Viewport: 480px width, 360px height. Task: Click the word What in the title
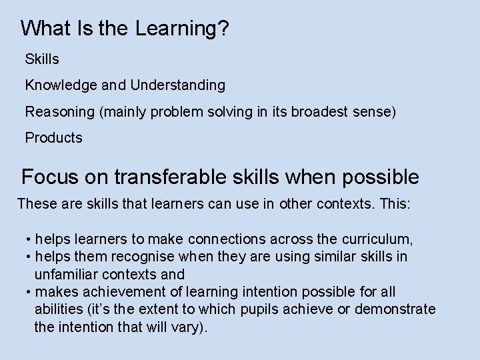pos(43,28)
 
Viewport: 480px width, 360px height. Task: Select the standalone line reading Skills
pos(42,59)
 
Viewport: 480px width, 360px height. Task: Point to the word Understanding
pos(178,86)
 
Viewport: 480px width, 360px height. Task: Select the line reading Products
pos(53,138)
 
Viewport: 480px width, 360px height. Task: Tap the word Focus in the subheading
pos(48,177)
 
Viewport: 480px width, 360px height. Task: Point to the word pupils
pos(273,310)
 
